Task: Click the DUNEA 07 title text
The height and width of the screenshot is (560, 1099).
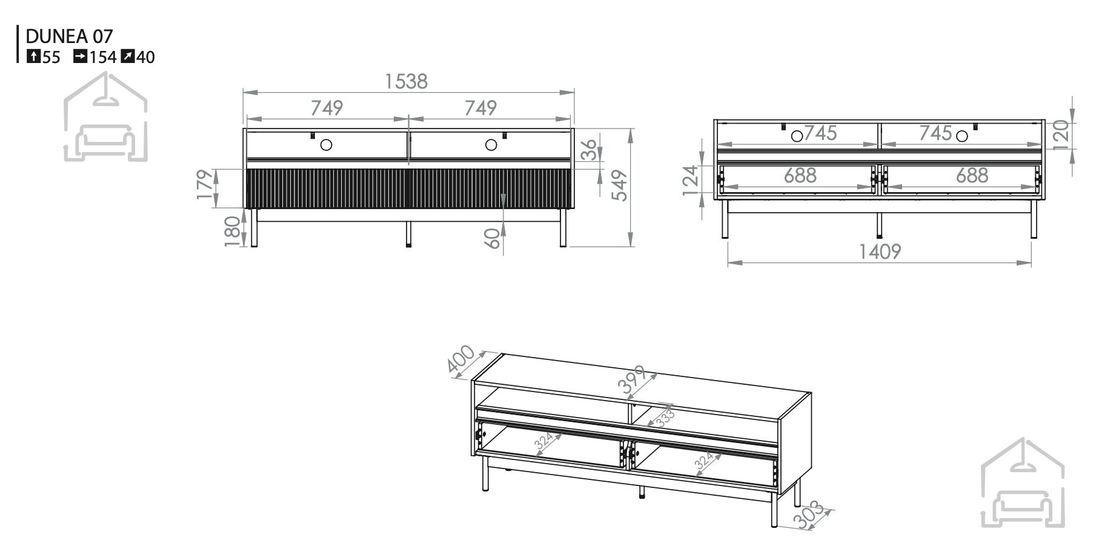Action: pos(69,36)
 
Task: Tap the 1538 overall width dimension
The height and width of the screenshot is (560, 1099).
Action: pos(407,81)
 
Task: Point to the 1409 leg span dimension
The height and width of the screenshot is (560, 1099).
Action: pos(880,251)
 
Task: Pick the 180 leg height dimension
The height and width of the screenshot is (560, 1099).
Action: pos(234,232)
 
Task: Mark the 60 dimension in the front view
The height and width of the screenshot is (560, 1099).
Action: pos(493,238)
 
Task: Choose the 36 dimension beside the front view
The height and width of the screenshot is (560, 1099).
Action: pos(589,150)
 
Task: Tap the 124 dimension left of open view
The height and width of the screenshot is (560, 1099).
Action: pos(692,180)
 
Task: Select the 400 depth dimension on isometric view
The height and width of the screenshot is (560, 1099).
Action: pos(460,359)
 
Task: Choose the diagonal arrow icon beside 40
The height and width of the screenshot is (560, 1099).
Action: pos(127,57)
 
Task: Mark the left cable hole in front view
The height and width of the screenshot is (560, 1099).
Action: pos(327,145)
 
